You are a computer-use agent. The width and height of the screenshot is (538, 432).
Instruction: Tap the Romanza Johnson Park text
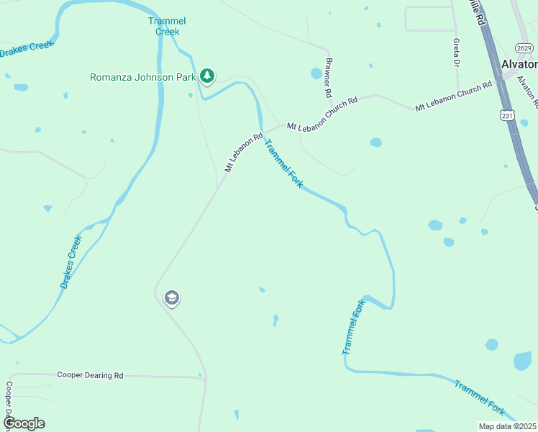pyautogui.click(x=143, y=76)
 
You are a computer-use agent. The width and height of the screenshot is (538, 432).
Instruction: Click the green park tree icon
pyautogui.click(x=207, y=76)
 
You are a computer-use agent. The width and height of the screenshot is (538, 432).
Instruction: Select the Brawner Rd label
pyautogui.click(x=328, y=78)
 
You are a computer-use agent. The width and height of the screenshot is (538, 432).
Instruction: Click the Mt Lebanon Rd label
pyautogui.click(x=245, y=152)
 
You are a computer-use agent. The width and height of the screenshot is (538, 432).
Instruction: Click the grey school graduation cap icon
pyautogui.click(x=171, y=297)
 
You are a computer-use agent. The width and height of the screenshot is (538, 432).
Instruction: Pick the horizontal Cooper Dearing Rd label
pyautogui.click(x=90, y=376)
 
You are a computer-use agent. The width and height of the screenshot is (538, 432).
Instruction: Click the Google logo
pyautogui.click(x=24, y=423)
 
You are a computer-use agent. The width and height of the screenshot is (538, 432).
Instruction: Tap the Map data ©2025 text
pyautogui.click(x=508, y=426)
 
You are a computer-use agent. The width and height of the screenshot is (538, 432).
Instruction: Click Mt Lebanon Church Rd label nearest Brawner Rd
pyautogui.click(x=322, y=114)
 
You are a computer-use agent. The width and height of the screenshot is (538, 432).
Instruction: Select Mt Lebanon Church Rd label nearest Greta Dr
pyautogui.click(x=453, y=96)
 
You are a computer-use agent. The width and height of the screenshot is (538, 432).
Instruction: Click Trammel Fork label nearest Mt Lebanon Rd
pyautogui.click(x=283, y=163)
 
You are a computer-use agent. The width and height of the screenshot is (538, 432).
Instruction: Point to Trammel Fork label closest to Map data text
pyautogui.click(x=479, y=397)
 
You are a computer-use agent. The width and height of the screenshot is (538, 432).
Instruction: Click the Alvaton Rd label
pyautogui.click(x=527, y=90)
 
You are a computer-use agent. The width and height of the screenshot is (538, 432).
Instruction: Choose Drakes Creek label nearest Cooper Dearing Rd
pyautogui.click(x=71, y=261)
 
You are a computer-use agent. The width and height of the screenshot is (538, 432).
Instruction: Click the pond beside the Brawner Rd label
pyautogui.click(x=316, y=73)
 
